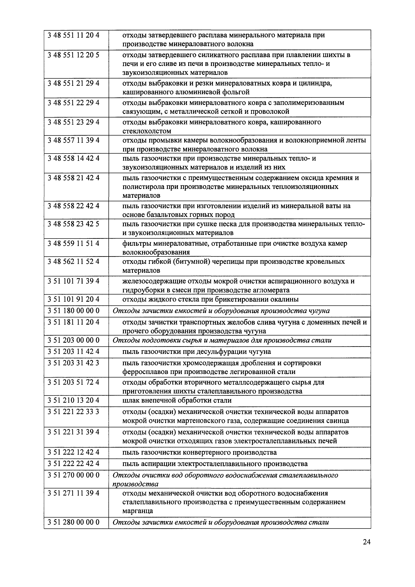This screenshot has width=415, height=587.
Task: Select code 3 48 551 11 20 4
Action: click(73, 35)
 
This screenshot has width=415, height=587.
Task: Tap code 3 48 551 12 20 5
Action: click(73, 55)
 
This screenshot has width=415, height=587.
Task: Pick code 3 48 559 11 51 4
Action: click(73, 243)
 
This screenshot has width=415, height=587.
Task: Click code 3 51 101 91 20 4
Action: click(73, 299)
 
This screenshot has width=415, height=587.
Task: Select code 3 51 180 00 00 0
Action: click(73, 311)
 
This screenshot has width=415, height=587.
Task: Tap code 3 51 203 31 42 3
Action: click(73, 363)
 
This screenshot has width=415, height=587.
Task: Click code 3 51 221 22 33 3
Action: click(73, 412)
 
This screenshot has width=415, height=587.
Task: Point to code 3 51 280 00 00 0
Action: click(73, 522)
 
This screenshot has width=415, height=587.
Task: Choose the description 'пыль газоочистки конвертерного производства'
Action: click(199, 452)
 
